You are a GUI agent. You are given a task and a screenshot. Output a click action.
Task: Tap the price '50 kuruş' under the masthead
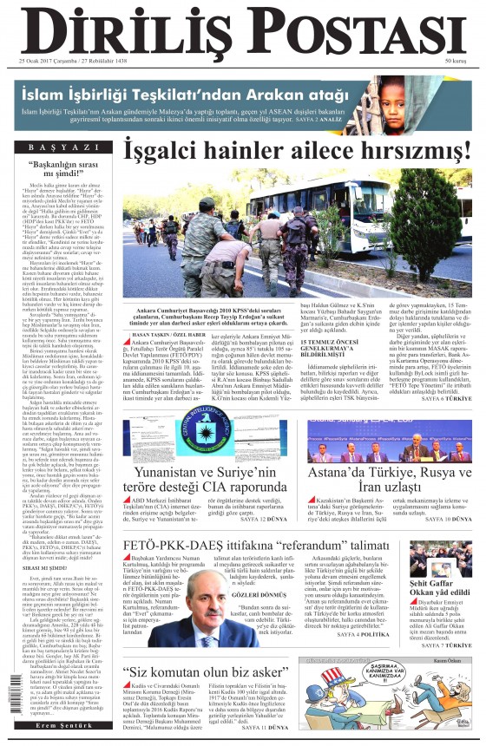[x=457, y=62]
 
